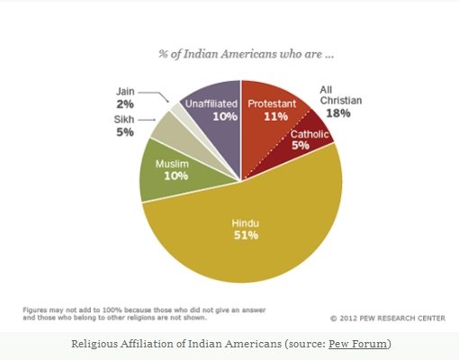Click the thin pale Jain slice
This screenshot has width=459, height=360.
(177, 112)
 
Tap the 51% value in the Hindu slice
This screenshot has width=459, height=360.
(245, 235)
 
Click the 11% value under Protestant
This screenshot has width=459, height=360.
(274, 116)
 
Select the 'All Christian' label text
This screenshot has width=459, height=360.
(342, 95)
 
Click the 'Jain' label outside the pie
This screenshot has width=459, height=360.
(126, 91)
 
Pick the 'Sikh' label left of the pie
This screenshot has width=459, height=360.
(124, 119)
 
